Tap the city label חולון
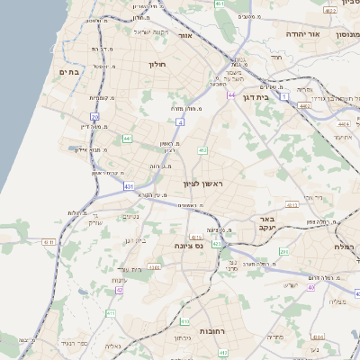pos(157,65)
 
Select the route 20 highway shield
pos(95,117)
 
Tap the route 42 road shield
pos(119,291)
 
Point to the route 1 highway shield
pos(284,94)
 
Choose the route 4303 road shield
pos(155,266)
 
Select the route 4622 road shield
pos(331,11)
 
